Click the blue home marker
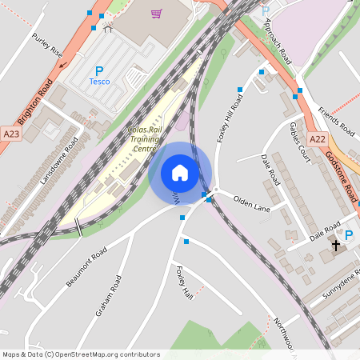[x=180, y=173]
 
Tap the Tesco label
[x=99, y=82]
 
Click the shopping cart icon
[x=156, y=14]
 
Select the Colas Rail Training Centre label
[x=144, y=139]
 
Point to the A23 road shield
[x=10, y=134]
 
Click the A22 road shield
[x=318, y=138]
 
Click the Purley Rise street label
[x=47, y=45]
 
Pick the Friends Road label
[x=335, y=120]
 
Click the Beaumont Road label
[x=86, y=269]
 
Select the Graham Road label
[x=109, y=296]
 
